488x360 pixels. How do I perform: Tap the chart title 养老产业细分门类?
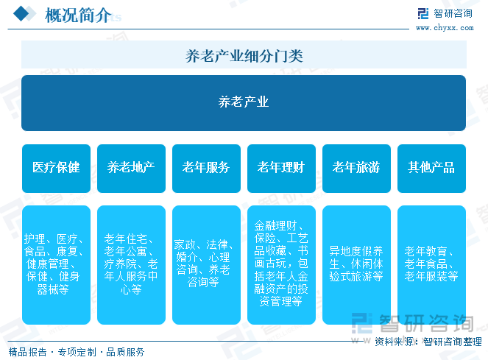pyautogui.click(x=244, y=55)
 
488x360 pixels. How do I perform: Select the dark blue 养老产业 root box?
pyautogui.click(x=244, y=102)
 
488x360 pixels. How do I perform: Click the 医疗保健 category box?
pyautogui.click(x=56, y=168)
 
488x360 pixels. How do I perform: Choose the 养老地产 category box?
pyautogui.click(x=131, y=168)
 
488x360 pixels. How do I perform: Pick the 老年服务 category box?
pyautogui.click(x=206, y=168)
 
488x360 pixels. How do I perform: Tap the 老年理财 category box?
pyautogui.click(x=281, y=168)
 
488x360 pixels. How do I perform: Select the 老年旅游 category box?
pyautogui.click(x=356, y=168)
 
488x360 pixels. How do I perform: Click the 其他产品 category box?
pyautogui.click(x=431, y=168)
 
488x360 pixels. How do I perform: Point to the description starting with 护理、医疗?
pyautogui.click(x=56, y=264)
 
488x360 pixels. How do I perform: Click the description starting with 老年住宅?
pyautogui.click(x=131, y=264)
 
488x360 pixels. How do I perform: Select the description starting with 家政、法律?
pyautogui.click(x=206, y=263)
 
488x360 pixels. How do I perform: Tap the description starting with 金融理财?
pyautogui.click(x=281, y=263)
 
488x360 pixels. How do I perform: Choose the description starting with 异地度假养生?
pyautogui.click(x=356, y=264)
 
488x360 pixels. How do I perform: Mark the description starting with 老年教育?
pyautogui.click(x=431, y=264)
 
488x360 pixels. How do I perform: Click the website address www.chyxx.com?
pyautogui.click(x=444, y=28)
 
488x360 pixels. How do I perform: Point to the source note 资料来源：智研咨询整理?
pyautogui.click(x=428, y=342)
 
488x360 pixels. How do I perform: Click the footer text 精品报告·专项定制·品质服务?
pyautogui.click(x=76, y=352)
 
